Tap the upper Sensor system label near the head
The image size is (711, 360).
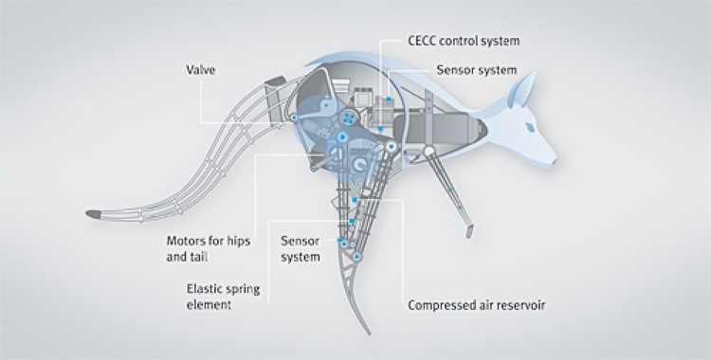476,69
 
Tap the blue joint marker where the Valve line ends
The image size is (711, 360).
294,116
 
